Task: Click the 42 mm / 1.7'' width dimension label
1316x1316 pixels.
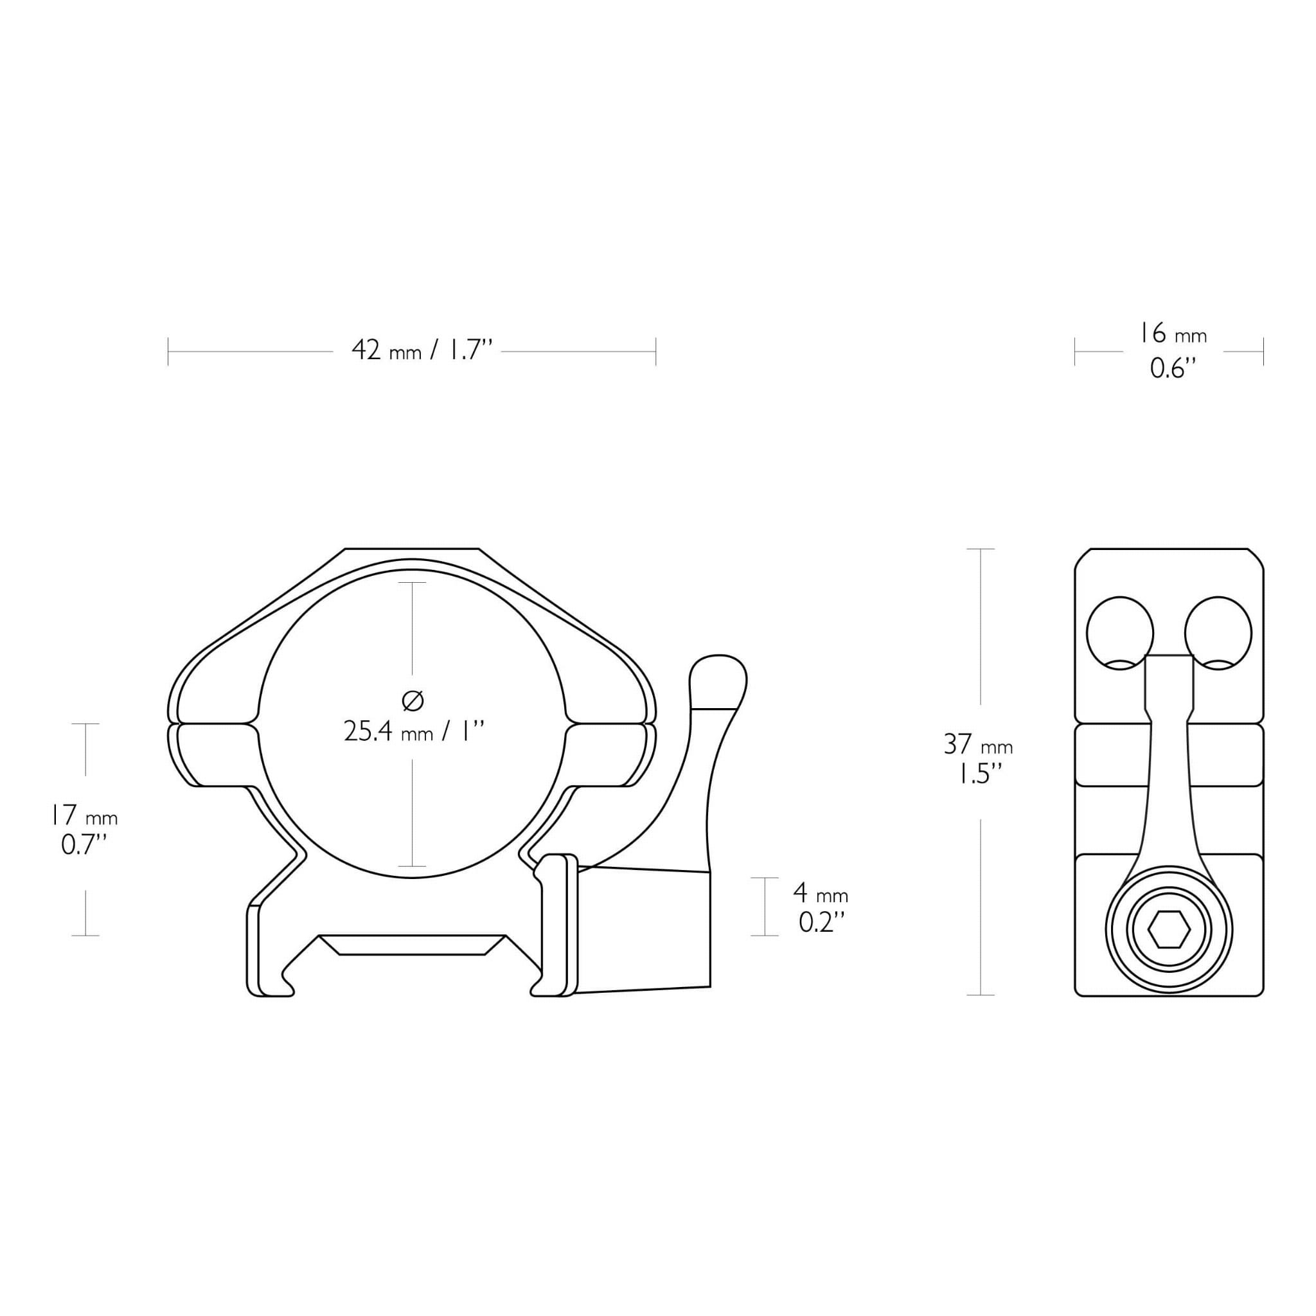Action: (422, 350)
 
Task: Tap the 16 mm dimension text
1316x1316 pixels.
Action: (1173, 333)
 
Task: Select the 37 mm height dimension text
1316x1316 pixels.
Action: (978, 745)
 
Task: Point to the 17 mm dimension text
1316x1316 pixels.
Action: (84, 815)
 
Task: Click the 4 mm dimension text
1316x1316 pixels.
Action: (821, 893)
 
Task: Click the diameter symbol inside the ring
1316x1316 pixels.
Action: (413, 700)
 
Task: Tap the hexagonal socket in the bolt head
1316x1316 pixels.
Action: (1169, 930)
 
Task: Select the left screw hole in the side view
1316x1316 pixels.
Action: (1119, 634)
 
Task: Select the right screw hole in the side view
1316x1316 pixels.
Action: (1218, 634)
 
